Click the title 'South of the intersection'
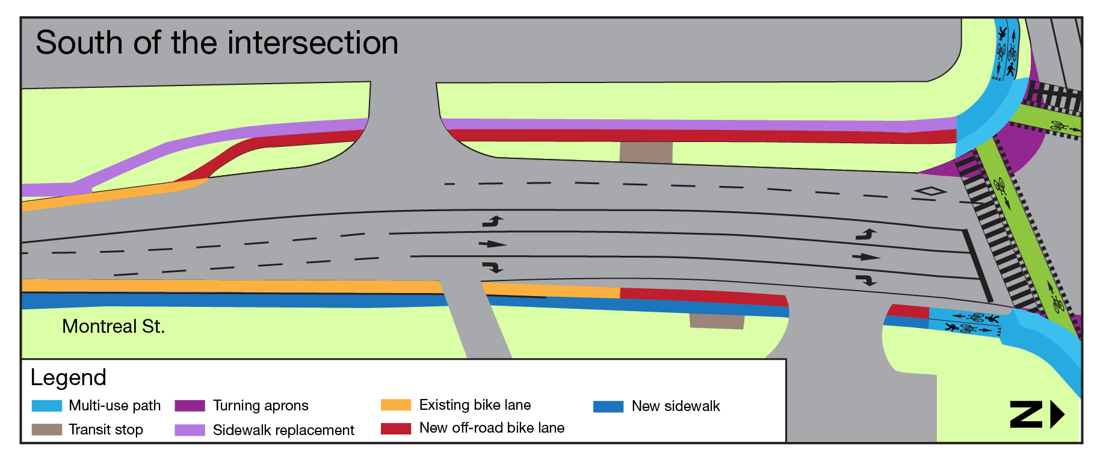217,43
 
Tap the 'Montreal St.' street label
113,326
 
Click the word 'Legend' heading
68,378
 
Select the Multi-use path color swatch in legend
46,406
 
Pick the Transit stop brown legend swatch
46,430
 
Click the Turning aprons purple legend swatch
190,406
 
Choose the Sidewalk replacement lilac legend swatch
190,430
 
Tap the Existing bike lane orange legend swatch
396,405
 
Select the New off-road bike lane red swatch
396,428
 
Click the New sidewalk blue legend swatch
608,407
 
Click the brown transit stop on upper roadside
646,152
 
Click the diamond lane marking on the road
930,191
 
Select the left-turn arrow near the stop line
866,235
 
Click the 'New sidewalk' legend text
675,407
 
